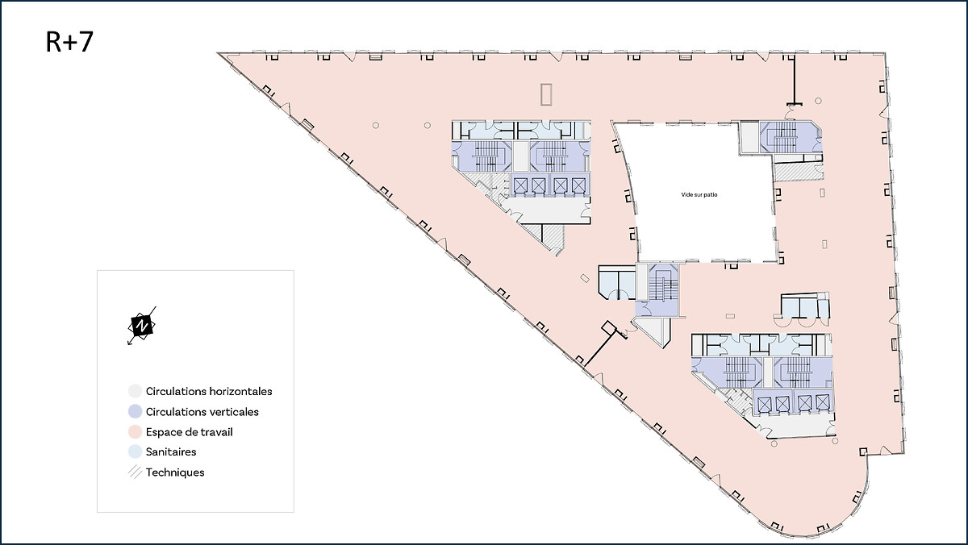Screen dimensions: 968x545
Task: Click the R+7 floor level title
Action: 69,42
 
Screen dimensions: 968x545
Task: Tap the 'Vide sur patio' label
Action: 699,195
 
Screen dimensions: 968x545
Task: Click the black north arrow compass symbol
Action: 142,326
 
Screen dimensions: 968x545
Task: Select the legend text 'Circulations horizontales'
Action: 209,391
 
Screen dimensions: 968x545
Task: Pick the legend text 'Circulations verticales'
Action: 202,411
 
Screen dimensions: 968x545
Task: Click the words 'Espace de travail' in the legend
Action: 190,432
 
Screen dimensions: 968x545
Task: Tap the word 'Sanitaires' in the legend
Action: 171,451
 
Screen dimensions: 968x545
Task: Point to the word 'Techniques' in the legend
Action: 175,472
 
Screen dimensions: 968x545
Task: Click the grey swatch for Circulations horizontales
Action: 136,391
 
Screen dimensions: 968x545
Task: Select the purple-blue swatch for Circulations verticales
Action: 136,411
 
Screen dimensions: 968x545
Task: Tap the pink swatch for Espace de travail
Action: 136,431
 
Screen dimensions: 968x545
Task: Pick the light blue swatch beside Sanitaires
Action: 136,451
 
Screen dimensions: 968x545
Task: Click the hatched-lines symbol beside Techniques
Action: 136,472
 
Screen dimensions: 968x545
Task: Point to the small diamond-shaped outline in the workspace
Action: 585,278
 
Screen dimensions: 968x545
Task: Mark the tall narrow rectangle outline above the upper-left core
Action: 546,94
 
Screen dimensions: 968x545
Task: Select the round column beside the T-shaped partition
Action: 818,101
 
